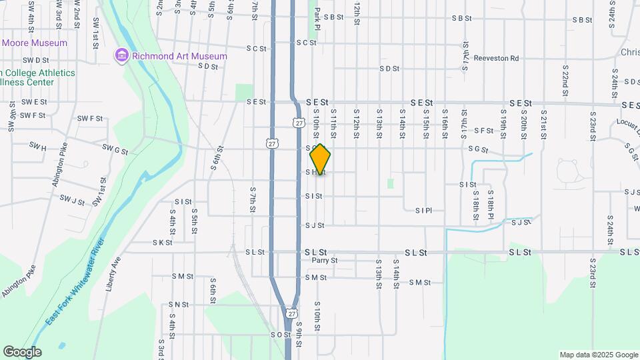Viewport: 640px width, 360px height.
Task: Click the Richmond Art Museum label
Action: coord(179,57)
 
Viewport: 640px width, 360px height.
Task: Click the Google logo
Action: coord(21,351)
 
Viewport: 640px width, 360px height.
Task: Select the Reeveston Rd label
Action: coord(496,59)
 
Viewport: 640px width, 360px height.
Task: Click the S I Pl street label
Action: coord(423,211)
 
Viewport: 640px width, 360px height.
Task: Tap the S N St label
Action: coord(179,305)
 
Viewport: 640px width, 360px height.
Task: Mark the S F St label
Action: coord(483,131)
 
